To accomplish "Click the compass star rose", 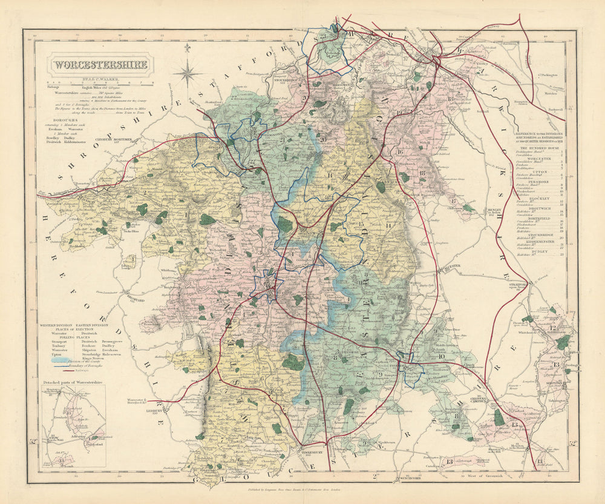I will (x=189, y=74).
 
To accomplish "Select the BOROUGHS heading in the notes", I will (x=67, y=119).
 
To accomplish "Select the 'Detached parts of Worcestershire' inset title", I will (x=73, y=383).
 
